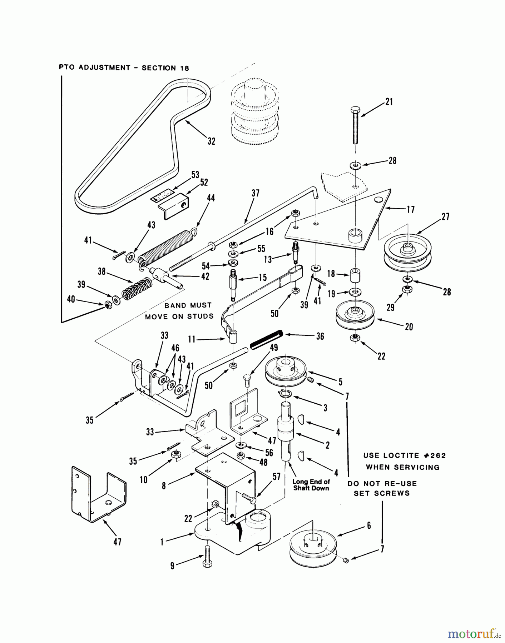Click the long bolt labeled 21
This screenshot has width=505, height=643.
point(355,125)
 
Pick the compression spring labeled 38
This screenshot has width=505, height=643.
point(137,287)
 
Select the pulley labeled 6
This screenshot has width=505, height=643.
point(313,548)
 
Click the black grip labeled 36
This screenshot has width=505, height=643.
point(266,340)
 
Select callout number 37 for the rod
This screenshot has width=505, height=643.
point(255,193)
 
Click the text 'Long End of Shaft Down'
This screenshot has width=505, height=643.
point(311,485)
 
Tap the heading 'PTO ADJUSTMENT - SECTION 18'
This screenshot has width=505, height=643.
point(124,68)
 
